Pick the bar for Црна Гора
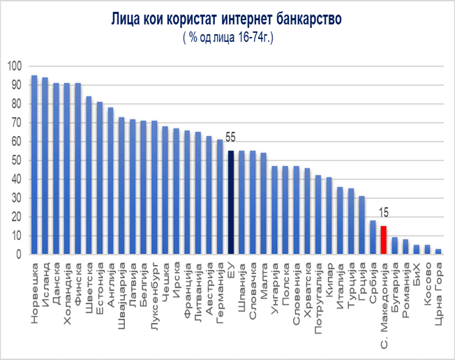point(438,251)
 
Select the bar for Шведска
point(89,175)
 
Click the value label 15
point(383,213)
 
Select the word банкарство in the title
point(301,19)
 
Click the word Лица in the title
point(126,19)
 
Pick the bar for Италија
point(340,220)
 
